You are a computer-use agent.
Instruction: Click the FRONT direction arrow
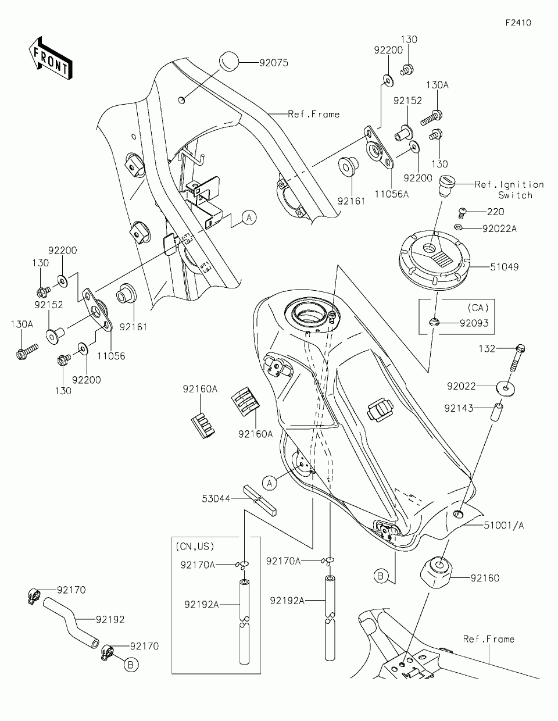click(50, 58)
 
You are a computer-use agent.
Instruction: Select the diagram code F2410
click(518, 23)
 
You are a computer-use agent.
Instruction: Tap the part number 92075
click(274, 63)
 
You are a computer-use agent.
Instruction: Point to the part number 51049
click(504, 267)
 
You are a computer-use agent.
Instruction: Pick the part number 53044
click(216, 498)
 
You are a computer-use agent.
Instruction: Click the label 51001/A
click(504, 525)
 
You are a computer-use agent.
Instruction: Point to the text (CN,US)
click(195, 547)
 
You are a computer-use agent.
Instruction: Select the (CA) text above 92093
click(478, 308)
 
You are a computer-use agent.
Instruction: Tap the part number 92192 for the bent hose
click(110, 620)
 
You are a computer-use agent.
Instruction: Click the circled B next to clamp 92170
click(132, 665)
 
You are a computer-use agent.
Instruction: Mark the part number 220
click(496, 212)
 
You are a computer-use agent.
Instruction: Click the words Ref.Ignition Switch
click(509, 190)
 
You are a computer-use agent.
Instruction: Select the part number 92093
click(474, 323)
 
